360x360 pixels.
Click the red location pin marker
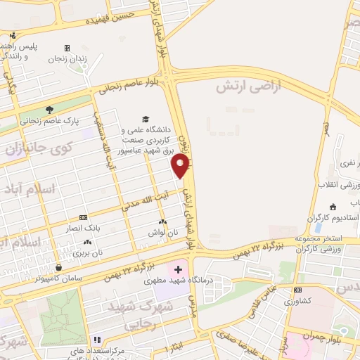coord(181,166)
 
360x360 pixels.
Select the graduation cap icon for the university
coord(146,119)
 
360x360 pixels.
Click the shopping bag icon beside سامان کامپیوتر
coord(59,267)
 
